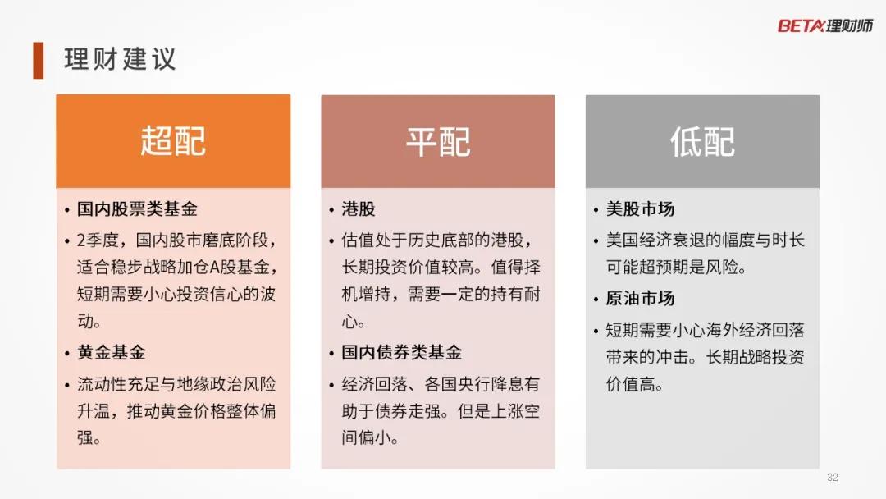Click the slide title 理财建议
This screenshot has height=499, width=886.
click(x=120, y=59)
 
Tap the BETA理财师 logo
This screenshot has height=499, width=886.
click(x=825, y=25)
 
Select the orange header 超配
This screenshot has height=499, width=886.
click(x=173, y=140)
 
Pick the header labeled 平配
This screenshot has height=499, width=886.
click(x=438, y=141)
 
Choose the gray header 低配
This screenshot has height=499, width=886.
click(x=702, y=141)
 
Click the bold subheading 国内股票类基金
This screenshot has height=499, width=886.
click(x=137, y=209)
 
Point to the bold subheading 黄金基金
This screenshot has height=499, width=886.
click(x=112, y=353)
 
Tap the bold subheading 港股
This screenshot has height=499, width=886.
click(x=359, y=209)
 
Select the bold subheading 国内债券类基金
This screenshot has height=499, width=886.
click(x=401, y=353)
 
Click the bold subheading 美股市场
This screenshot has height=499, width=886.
click(x=640, y=209)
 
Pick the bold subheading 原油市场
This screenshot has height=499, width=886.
click(x=640, y=299)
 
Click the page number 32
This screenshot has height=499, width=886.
click(x=833, y=478)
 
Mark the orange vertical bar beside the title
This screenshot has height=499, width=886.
click(x=39, y=60)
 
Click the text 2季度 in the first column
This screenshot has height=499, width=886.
click(x=98, y=240)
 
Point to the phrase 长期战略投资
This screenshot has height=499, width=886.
click(x=755, y=357)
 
